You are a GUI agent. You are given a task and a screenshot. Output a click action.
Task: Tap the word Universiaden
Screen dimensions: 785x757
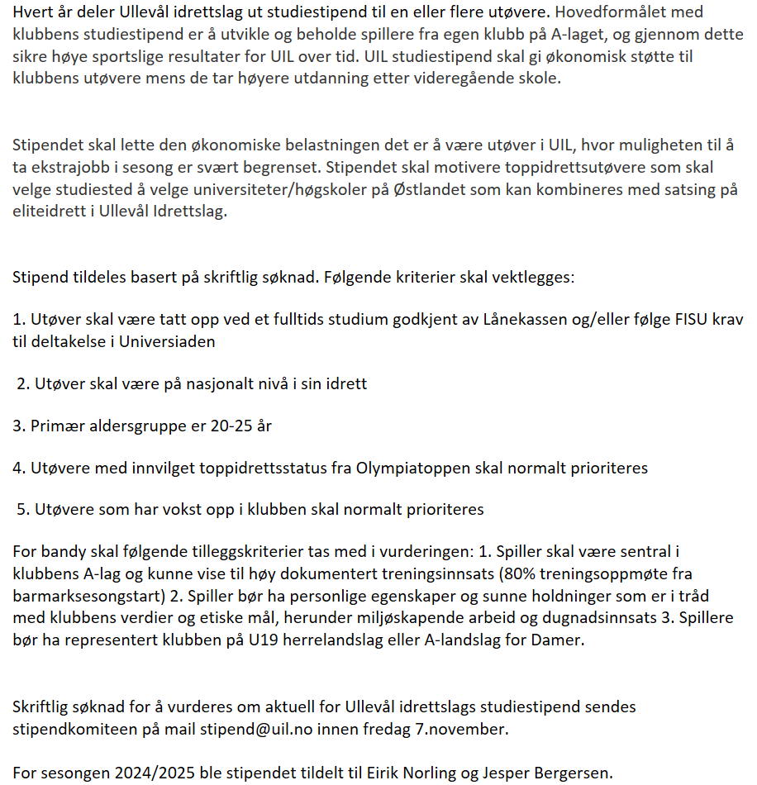click(x=161, y=341)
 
